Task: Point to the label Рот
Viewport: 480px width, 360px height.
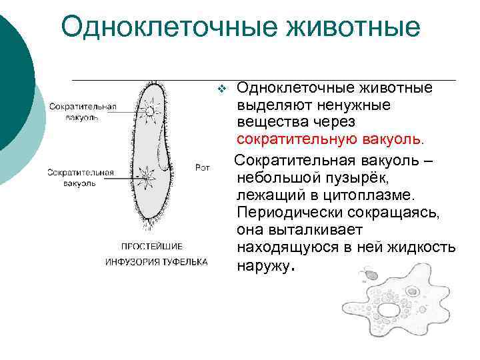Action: tap(203, 168)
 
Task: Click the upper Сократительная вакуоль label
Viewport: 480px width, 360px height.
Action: tap(82, 111)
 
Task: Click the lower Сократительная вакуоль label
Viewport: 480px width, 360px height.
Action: tap(80, 177)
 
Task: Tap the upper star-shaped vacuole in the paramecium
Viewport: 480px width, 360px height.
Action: tap(150, 109)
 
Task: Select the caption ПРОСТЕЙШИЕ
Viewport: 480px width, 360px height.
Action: tap(151, 245)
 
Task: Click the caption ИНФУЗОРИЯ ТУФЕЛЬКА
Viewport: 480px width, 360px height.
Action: tap(156, 261)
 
